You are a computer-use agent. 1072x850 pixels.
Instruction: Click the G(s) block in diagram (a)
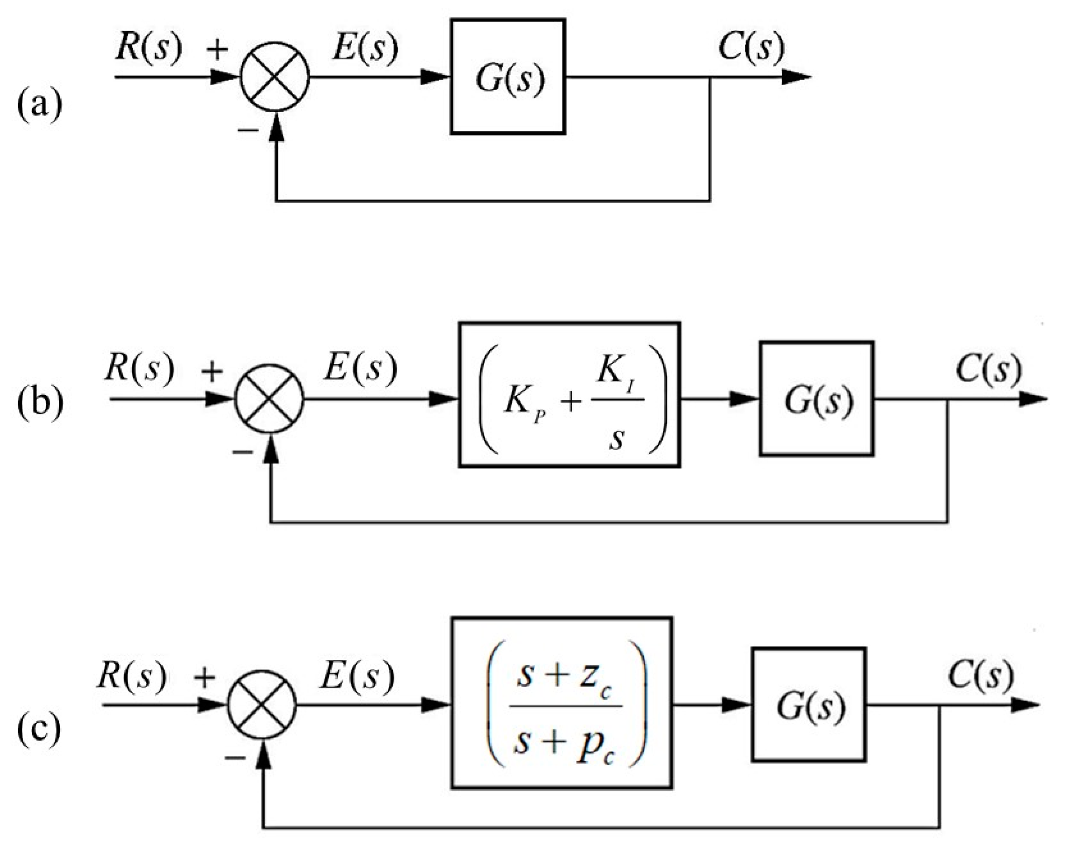[507, 77]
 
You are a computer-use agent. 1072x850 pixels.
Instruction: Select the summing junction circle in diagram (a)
[275, 77]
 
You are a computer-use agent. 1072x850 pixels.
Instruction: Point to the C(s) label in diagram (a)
[751, 48]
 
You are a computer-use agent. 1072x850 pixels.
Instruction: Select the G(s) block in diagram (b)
[816, 399]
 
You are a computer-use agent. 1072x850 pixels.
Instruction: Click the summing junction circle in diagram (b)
[269, 399]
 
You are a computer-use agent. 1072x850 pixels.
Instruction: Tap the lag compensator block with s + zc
[562, 703]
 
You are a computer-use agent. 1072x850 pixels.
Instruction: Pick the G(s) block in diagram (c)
[809, 705]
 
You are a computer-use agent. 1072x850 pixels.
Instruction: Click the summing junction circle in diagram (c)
[261, 705]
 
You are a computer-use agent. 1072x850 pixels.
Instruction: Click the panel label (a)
[40, 106]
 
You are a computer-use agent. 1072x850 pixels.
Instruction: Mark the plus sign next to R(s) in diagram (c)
[204, 678]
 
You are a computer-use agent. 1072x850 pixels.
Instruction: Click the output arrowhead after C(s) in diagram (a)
[796, 77]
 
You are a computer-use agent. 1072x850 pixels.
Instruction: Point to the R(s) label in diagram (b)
[139, 368]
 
